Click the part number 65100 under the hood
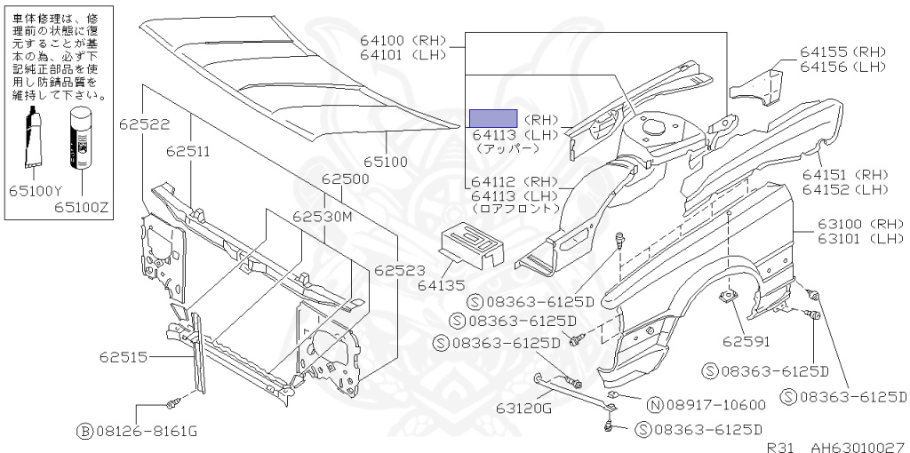click(x=386, y=162)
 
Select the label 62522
click(x=145, y=124)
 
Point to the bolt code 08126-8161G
click(x=146, y=432)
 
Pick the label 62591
click(x=746, y=342)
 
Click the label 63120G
click(x=523, y=409)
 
